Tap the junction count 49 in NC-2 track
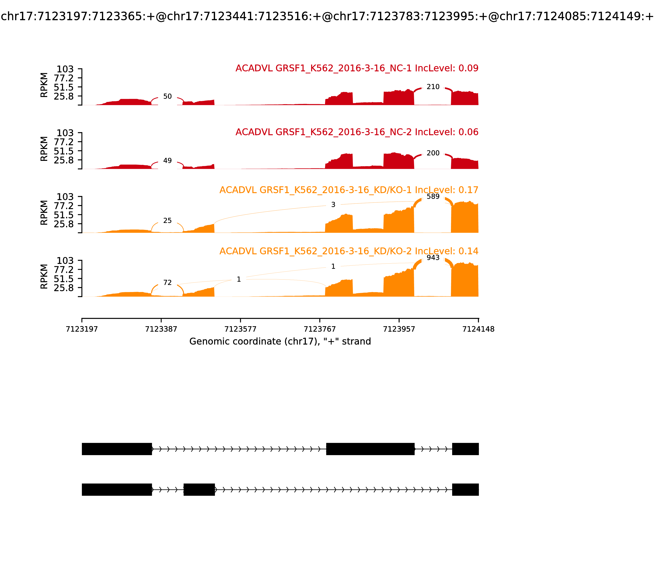tap(167, 160)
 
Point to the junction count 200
tap(433, 153)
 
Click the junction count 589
tap(433, 196)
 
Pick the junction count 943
tap(433, 258)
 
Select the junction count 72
tap(167, 283)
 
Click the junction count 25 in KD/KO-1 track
tap(167, 221)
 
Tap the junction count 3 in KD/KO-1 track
tap(333, 205)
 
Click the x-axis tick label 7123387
tap(161, 329)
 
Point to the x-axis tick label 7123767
tap(320, 329)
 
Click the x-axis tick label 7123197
tap(82, 329)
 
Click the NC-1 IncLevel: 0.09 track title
tap(357, 68)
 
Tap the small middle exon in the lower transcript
tap(199, 490)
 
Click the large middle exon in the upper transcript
tap(370, 449)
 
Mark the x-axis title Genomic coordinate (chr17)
tap(280, 342)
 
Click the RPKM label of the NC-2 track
tap(44, 149)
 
